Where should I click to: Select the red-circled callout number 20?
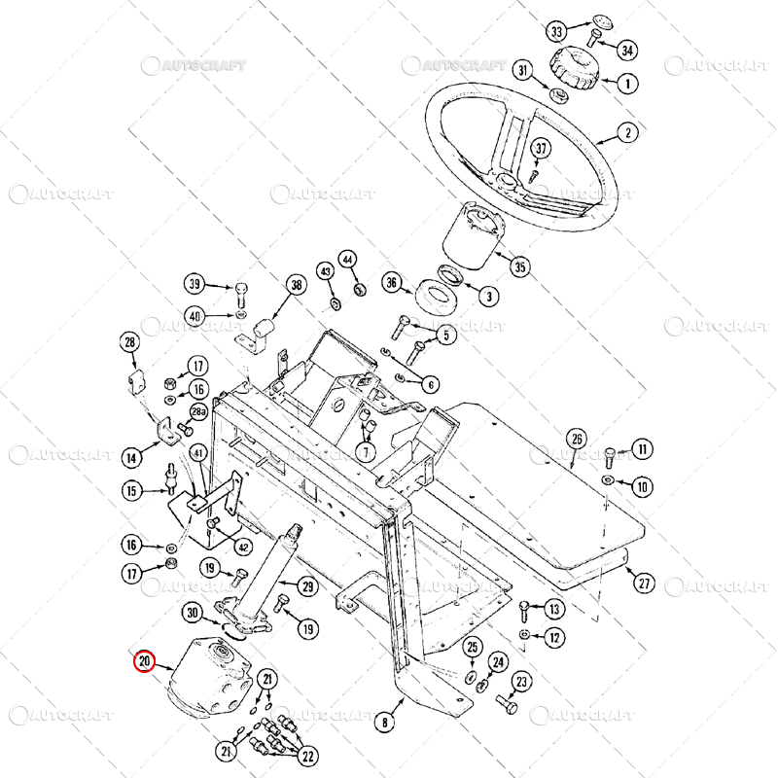pos(145,662)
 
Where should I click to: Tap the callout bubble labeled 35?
pos(520,266)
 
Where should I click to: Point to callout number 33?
pos(557,32)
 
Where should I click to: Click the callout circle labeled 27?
pos(646,583)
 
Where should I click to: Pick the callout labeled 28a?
pos(198,412)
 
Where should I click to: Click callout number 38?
pos(296,285)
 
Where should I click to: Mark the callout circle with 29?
pos(307,586)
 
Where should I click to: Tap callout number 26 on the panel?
pos(577,439)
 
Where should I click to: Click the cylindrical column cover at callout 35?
pos(472,239)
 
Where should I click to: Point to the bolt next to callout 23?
pos(503,700)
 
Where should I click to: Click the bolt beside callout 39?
pos(240,291)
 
